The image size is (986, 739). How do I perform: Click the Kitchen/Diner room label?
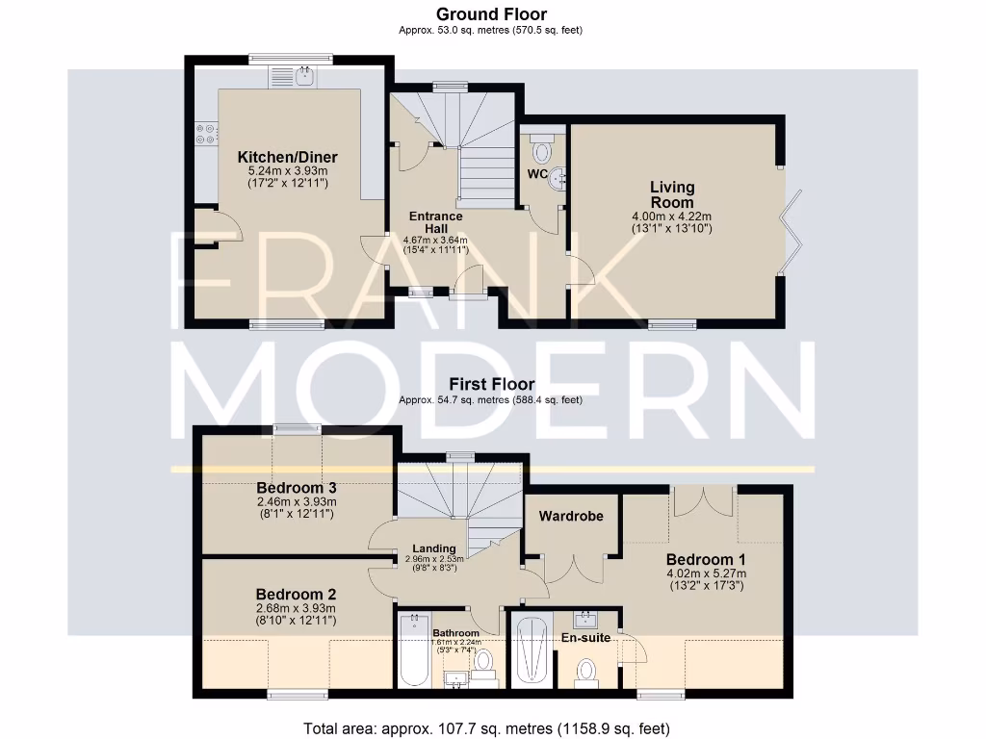[x=287, y=157]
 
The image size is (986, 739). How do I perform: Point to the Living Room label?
[x=671, y=194]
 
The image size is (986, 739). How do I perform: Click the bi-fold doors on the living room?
[x=792, y=227]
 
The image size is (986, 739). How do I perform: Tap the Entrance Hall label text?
[x=435, y=222]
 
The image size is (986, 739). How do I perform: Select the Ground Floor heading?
[x=491, y=14]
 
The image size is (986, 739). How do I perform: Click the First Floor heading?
[x=491, y=384]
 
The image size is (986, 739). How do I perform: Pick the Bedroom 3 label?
[x=296, y=488]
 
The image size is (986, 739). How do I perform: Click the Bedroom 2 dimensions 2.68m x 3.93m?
[x=296, y=608]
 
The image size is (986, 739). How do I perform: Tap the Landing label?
[x=434, y=548]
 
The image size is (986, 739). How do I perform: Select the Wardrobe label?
[x=571, y=516]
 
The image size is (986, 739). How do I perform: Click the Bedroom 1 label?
[x=707, y=559]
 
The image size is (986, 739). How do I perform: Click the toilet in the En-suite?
[x=586, y=672]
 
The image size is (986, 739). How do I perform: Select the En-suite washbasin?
[x=586, y=619]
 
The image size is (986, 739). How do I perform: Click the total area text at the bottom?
[x=486, y=728]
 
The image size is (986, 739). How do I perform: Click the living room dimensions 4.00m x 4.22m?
[x=671, y=217]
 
